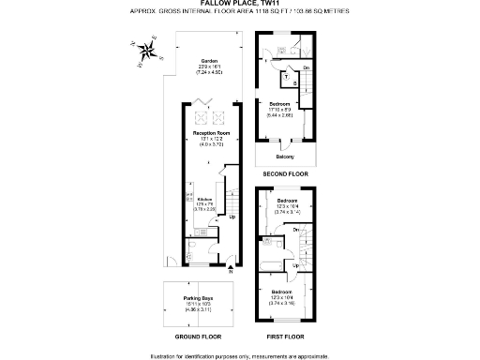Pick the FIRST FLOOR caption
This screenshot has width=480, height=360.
pyautogui.click(x=283, y=335)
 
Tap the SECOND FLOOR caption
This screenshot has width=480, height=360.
pyautogui.click(x=284, y=173)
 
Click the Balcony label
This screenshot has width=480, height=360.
pyautogui.click(x=284, y=156)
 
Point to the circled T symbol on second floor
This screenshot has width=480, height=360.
pyautogui.click(x=286, y=77)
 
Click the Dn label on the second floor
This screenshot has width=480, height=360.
pyautogui.click(x=307, y=67)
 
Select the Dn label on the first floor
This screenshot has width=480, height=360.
pyautogui.click(x=296, y=230)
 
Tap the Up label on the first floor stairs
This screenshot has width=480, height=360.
pyautogui.click(x=295, y=265)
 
